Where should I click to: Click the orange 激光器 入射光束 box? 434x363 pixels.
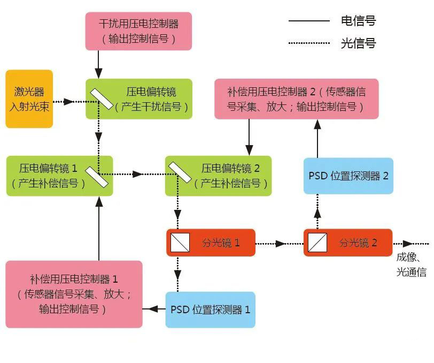pos(29,99)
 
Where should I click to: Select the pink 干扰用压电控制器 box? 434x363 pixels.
pos(138,31)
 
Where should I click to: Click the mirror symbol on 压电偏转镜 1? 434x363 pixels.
pos(97,176)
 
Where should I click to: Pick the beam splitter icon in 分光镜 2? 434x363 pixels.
pos(317,243)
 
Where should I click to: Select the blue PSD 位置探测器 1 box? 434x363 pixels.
pos(210,309)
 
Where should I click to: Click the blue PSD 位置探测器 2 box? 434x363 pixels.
pos(348,176)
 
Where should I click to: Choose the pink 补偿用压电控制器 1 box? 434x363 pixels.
pos(74,294)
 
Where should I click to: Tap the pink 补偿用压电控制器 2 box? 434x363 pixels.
pos(296,99)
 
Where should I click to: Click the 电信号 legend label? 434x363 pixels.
pos(358,21)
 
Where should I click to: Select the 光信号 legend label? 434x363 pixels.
pos(358,43)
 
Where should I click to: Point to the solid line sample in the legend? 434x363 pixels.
pos(309,21)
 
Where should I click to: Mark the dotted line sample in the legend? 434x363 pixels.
pos(309,43)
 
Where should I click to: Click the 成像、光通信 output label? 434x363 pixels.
pos(412,264)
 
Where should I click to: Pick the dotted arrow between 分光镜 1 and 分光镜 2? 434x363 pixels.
pos(280,244)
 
